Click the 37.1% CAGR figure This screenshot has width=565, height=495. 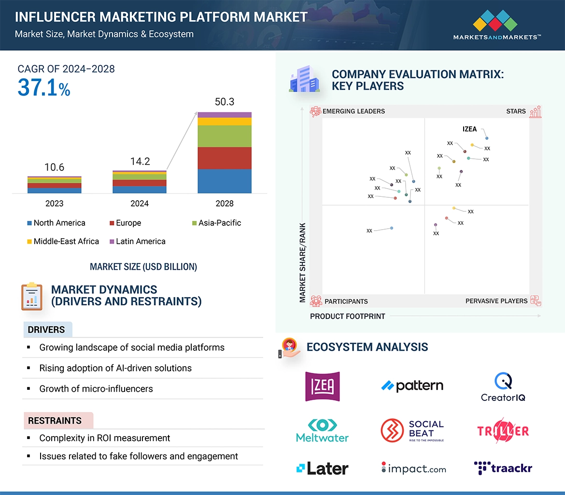tap(44, 88)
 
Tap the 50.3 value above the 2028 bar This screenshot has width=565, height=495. tap(225, 102)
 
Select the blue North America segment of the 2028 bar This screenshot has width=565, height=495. tap(225, 181)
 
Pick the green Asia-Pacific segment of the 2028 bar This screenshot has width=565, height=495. tap(225, 136)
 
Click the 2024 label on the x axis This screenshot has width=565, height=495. tap(140, 204)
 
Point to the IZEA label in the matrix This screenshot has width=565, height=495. tap(469, 129)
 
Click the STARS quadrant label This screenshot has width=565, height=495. tap(516, 111)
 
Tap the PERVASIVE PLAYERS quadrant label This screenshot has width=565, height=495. tap(496, 301)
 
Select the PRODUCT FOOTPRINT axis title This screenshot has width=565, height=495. tap(348, 316)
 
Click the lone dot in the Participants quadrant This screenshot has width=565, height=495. tap(392, 228)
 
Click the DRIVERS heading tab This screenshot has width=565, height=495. tap(47, 330)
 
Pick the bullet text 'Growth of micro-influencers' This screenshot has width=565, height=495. tap(96, 389)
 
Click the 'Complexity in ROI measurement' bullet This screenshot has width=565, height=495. tap(105, 438)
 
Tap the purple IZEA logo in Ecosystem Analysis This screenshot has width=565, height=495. tap(323, 386)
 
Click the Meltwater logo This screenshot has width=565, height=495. tap(322, 430)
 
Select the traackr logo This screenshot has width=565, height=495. tap(503, 468)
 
